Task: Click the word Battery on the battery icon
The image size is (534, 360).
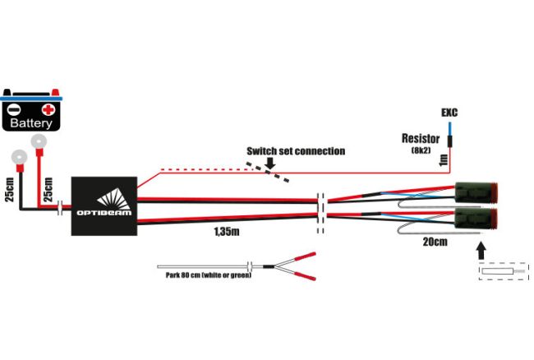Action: pyautogui.click(x=31, y=123)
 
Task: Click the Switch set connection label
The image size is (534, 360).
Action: pyautogui.click(x=296, y=151)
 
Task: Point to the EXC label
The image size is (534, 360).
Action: pyautogui.click(x=449, y=112)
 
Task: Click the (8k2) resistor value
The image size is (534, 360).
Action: pyautogui.click(x=421, y=150)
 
